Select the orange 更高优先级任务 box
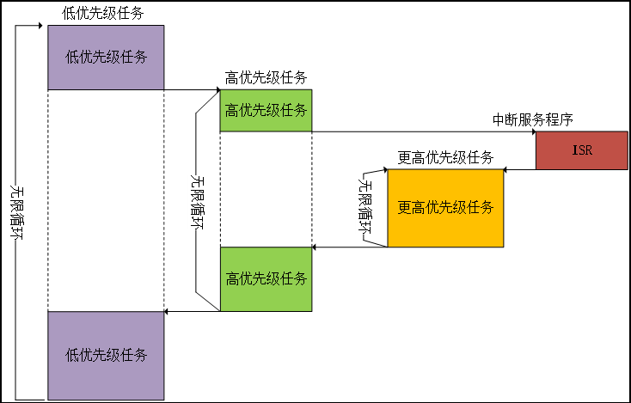(x=445, y=208)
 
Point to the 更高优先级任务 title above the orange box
(x=445, y=157)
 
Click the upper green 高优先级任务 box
(x=266, y=110)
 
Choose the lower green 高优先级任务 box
(x=266, y=279)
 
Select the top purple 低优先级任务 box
(x=106, y=58)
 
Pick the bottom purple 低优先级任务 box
(x=106, y=356)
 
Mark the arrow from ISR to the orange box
(x=519, y=169)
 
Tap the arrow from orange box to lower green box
(x=349, y=247)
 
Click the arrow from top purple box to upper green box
(x=192, y=89)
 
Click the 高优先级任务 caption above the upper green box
(x=266, y=77)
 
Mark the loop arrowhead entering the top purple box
(x=42, y=26)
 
